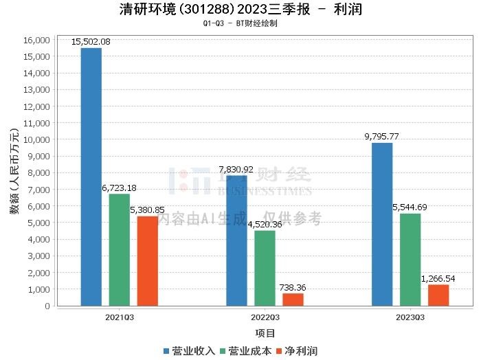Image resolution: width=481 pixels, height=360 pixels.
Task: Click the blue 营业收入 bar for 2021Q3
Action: (x=91, y=177)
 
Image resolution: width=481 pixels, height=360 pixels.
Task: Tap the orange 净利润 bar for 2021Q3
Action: (x=147, y=261)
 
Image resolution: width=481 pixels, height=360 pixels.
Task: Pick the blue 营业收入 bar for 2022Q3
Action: (x=236, y=240)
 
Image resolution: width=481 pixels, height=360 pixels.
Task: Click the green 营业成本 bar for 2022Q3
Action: (x=265, y=268)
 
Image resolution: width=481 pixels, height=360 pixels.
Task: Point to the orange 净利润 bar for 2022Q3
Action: (x=293, y=300)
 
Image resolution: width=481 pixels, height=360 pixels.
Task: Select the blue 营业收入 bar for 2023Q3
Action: (x=382, y=224)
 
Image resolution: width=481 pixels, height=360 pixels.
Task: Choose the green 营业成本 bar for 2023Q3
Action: (x=410, y=260)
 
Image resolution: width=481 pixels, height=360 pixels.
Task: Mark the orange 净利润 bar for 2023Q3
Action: (x=438, y=295)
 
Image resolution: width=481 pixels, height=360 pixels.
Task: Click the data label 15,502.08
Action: (x=91, y=42)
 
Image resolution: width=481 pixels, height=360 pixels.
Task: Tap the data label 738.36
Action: (x=293, y=288)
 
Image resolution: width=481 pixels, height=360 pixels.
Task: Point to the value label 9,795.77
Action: (x=382, y=137)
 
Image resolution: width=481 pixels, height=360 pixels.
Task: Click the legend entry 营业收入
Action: (x=189, y=351)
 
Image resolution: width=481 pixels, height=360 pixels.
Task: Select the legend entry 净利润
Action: (x=295, y=351)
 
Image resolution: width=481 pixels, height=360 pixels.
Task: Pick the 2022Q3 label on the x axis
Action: (x=265, y=317)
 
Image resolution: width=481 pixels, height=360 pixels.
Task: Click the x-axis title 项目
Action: (x=265, y=333)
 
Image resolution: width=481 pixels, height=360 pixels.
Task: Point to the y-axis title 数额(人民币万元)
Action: (x=14, y=172)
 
